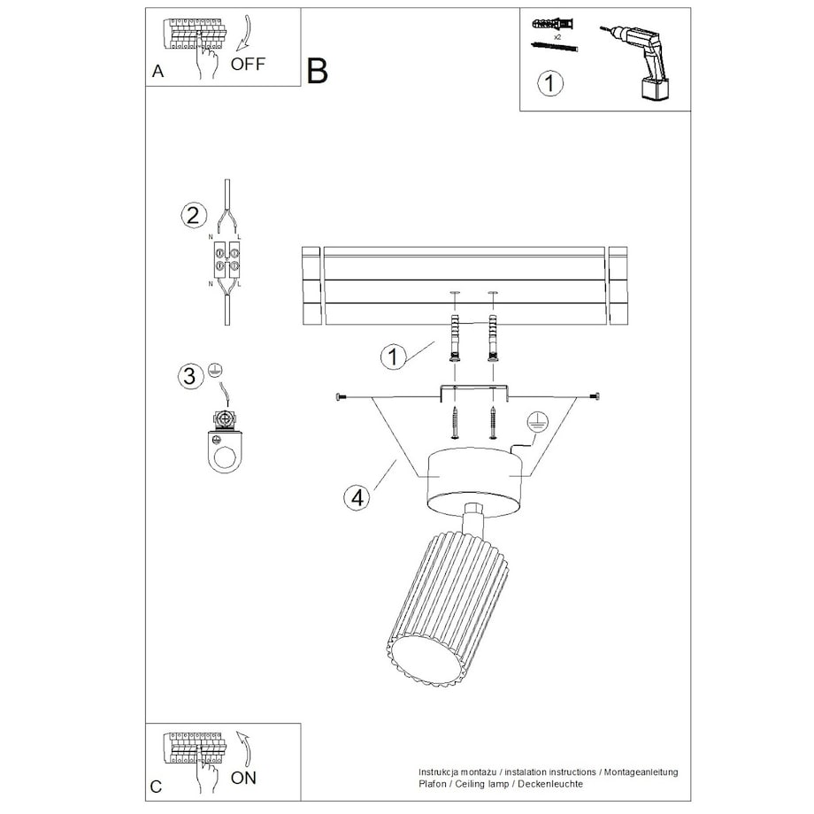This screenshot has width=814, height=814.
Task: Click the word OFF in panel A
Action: click(x=248, y=64)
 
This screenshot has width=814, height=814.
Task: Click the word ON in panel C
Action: click(x=243, y=778)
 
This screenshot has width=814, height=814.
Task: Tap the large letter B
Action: click(x=317, y=70)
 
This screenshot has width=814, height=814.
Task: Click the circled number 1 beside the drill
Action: click(x=549, y=83)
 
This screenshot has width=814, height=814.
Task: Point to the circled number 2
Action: click(x=194, y=215)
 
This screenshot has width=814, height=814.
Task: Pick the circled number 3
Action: click(x=190, y=376)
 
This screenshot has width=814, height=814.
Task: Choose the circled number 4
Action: click(x=357, y=497)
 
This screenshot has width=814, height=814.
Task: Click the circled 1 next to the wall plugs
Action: click(x=394, y=357)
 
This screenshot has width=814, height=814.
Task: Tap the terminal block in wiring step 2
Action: click(x=227, y=259)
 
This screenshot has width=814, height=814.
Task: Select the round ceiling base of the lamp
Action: click(x=474, y=481)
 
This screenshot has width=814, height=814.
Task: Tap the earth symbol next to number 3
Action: click(x=215, y=370)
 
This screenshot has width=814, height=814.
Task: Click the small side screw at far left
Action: click(x=341, y=397)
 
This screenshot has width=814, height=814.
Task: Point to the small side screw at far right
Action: click(x=596, y=397)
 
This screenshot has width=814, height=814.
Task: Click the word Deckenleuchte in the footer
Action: click(x=550, y=784)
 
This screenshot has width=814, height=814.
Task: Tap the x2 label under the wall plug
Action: click(x=557, y=37)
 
